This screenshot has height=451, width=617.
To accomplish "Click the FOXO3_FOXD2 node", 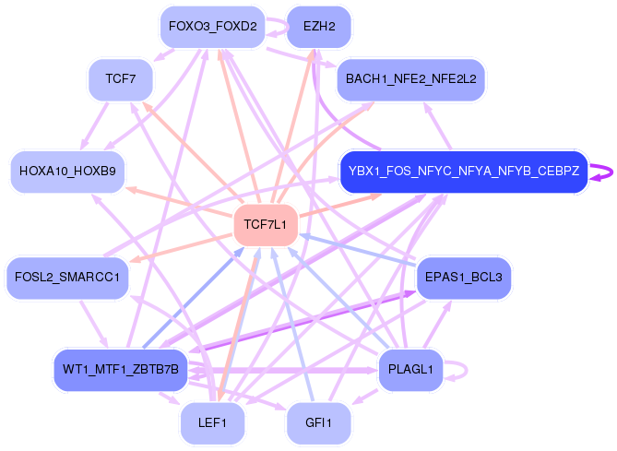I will click(x=212, y=27).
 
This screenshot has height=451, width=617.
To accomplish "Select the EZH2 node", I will click(x=319, y=27).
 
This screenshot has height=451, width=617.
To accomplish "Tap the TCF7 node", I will click(x=121, y=79).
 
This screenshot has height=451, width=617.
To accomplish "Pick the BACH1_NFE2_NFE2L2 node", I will click(x=410, y=79).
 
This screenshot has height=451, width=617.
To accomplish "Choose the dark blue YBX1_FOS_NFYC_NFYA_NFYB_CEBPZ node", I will click(x=463, y=172).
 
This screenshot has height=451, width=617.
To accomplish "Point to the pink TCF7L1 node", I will click(x=266, y=224).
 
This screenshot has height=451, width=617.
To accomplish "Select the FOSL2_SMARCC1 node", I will click(x=67, y=278).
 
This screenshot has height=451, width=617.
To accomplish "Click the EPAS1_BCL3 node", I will click(x=463, y=278).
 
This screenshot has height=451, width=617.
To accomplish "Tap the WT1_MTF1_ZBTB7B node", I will click(x=121, y=370).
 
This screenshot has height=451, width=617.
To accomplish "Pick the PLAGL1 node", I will click(x=411, y=370).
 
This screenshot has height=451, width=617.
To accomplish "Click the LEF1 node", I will click(x=212, y=422).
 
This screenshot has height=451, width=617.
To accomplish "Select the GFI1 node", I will click(x=319, y=422).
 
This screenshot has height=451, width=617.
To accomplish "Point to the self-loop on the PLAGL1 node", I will click(x=461, y=370).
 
